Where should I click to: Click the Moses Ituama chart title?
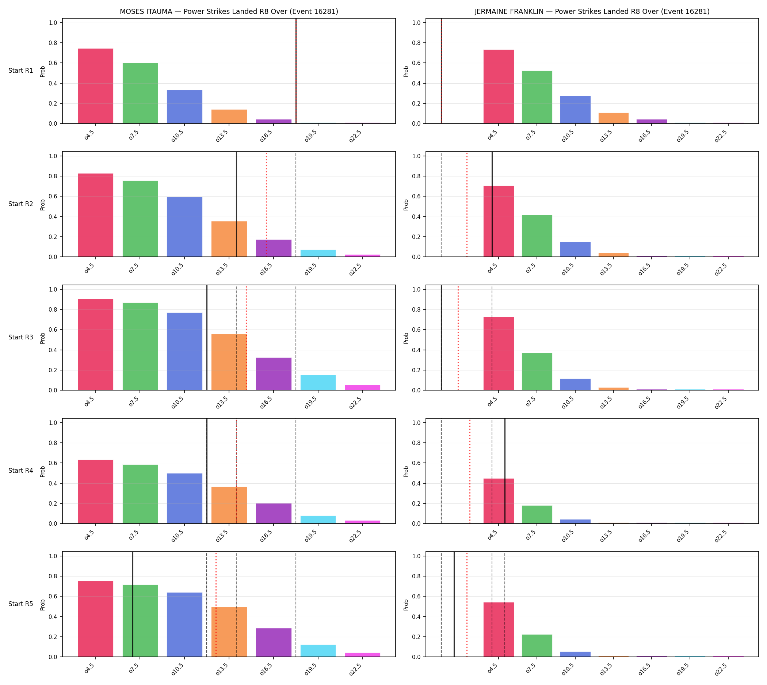coord(229,11)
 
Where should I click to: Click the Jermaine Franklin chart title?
coord(592,11)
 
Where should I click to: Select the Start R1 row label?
coord(21,71)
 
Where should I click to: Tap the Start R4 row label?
coord(21,471)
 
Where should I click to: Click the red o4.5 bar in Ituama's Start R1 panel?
coord(96,86)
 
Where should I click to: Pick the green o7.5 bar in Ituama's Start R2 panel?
coord(140,219)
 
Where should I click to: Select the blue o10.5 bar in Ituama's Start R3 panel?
coord(184,351)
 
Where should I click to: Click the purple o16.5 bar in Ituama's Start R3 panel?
coord(274,374)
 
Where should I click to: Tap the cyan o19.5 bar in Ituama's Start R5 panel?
coord(318,651)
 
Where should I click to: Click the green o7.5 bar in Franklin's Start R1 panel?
coord(537,97)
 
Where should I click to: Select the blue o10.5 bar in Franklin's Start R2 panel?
coord(575,249)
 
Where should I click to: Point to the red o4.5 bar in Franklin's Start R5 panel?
coord(498,630)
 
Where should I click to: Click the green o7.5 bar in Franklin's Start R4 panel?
coord(537,514)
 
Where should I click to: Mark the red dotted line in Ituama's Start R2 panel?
coord(267,204)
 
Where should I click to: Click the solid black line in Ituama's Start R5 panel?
coord(133,605)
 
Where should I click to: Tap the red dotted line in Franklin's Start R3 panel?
coord(458,338)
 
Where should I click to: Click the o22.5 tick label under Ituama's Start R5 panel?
coord(355,668)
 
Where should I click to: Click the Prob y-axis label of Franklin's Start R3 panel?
coord(406,338)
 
